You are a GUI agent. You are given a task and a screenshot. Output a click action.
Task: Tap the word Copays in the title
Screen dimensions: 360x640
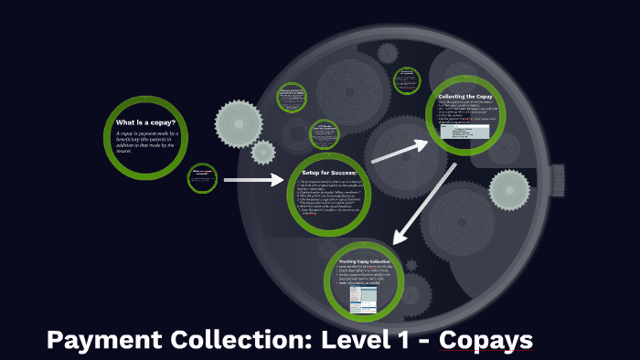[x=485, y=341]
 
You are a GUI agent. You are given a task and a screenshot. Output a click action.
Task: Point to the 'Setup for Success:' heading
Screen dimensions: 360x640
[x=328, y=172]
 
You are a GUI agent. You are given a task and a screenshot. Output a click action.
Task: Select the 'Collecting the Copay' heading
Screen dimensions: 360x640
[x=466, y=96]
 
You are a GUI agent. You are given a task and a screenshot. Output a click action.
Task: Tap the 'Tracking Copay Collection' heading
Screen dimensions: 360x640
[x=364, y=261]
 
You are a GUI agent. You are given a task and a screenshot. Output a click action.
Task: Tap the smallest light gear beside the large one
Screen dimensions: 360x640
[x=262, y=152]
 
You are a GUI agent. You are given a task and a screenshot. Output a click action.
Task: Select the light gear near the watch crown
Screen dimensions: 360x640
[x=509, y=190]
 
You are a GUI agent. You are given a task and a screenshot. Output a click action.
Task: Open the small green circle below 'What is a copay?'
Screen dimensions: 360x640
[x=202, y=178]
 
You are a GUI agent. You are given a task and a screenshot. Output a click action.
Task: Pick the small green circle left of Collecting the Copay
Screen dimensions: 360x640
[x=406, y=80]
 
